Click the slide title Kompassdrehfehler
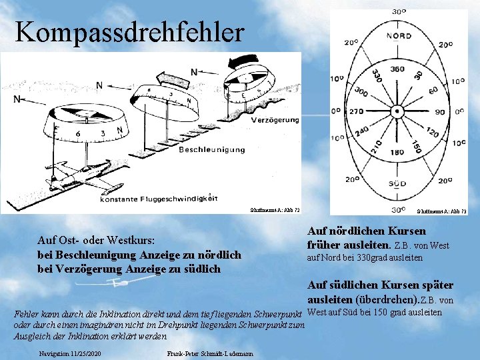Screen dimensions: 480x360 pos(129,31)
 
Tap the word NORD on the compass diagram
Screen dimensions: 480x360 pos(398,35)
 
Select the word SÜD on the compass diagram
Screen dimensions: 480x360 pos(397,183)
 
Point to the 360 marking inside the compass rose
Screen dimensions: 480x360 pos(397,69)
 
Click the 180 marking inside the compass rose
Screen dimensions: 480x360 pos(397,152)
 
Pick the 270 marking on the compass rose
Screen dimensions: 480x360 pos(357,111)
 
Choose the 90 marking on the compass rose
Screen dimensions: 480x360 pos(440,111)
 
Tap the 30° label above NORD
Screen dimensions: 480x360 pos(399,11)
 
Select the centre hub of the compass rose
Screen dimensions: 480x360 pos(397,111)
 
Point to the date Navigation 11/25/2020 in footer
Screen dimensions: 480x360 pos(70,351)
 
